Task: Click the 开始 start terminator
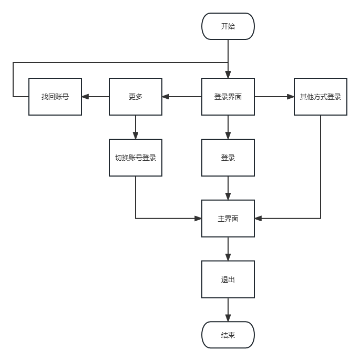pos(228,26)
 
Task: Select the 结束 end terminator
pos(228,335)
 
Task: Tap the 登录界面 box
pos(228,97)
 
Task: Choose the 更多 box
pos(136,97)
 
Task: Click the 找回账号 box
pos(55,97)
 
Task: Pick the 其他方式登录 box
pos(321,97)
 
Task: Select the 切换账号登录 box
pos(136,158)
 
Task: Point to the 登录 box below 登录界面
pos(228,158)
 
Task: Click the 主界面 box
pos(228,219)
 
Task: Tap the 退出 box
pos(228,280)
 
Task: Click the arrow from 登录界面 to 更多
pos(182,97)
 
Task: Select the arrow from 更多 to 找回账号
pos(96,97)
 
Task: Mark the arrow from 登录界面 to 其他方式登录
pos(274,97)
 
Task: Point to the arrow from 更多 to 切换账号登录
pos(136,127)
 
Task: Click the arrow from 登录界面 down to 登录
pos(228,127)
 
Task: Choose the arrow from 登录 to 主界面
pos(228,188)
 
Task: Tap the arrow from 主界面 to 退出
pos(228,249)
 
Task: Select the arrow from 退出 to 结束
pos(228,310)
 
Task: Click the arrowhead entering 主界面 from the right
pos(258,219)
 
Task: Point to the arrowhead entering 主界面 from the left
pos(198,219)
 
